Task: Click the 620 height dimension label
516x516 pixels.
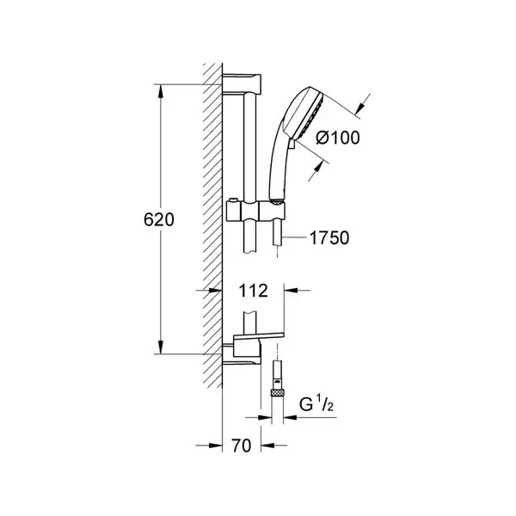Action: [158, 219]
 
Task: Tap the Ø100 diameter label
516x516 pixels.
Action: [338, 138]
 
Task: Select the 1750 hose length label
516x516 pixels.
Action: [329, 238]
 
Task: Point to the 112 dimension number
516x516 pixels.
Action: [253, 291]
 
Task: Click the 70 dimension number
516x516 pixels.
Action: [241, 445]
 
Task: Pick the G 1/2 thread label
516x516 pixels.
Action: [316, 404]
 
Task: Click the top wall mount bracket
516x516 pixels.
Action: [242, 84]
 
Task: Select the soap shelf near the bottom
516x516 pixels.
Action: [259, 335]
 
